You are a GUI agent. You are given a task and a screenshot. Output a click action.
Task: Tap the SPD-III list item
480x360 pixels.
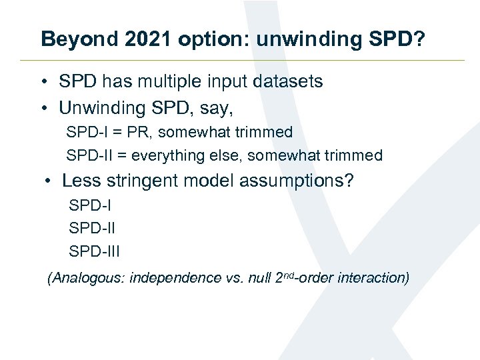(95, 251)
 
